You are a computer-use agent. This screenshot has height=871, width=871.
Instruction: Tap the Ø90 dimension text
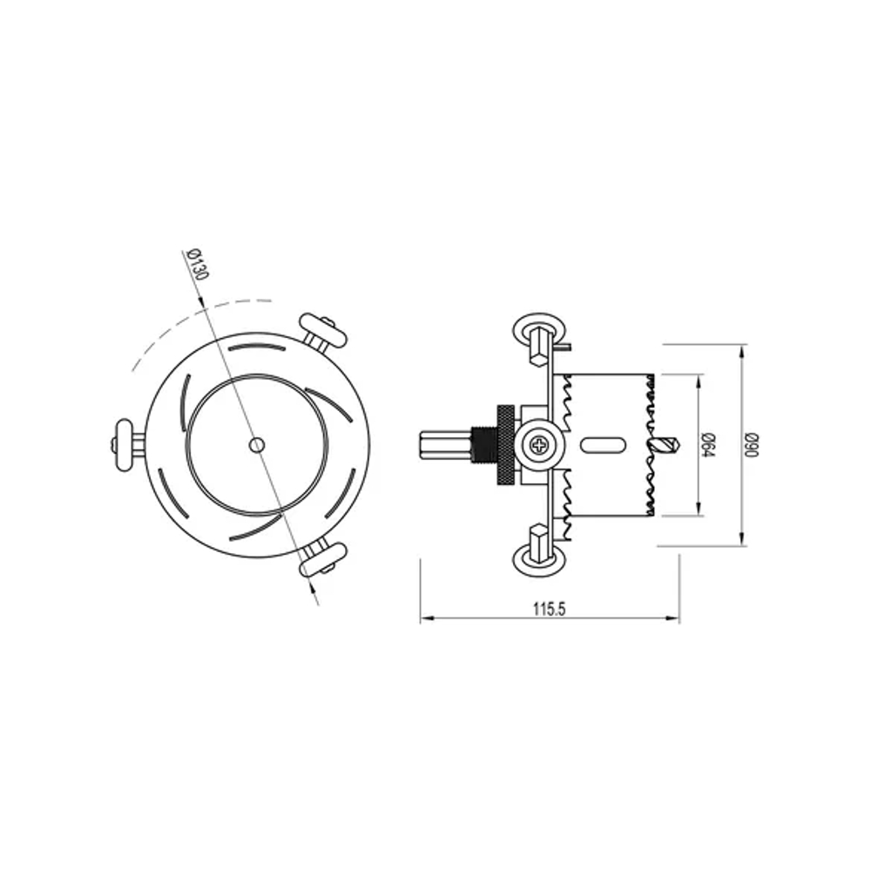point(753,444)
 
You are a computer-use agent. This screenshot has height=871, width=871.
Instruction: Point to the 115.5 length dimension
point(550,610)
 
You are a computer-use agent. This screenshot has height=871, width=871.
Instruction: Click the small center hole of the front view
point(256,444)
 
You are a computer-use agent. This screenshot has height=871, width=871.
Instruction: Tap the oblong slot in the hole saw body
point(602,444)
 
